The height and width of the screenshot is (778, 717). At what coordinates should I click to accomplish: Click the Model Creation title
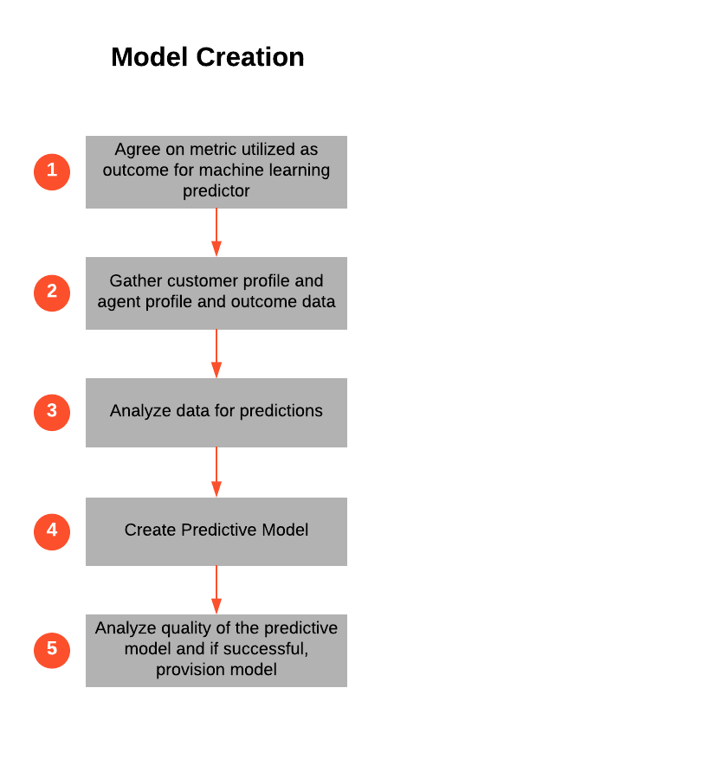tap(208, 57)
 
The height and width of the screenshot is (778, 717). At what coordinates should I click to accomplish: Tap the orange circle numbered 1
tap(52, 170)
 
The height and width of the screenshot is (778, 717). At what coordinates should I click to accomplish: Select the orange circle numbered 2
tap(52, 293)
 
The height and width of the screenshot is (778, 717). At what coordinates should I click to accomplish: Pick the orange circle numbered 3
tap(52, 411)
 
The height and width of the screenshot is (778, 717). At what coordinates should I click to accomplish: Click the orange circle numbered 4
tap(52, 530)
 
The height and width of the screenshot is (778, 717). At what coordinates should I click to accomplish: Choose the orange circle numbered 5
tap(52, 649)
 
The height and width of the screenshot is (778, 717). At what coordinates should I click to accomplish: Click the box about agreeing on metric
tap(216, 171)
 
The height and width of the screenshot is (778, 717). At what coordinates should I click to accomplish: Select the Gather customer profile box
tap(216, 293)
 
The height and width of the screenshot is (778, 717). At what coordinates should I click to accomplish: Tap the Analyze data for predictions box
tap(216, 412)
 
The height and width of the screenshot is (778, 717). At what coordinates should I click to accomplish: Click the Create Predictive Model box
tap(216, 530)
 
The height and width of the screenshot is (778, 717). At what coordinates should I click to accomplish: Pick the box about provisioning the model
tap(216, 650)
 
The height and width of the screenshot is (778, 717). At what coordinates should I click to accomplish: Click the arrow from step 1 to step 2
tap(216, 232)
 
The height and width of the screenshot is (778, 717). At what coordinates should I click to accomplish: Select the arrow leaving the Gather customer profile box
tap(216, 353)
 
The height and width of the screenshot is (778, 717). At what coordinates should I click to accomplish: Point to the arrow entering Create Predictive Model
tap(216, 473)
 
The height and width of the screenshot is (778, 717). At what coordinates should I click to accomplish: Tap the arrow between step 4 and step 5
tap(216, 590)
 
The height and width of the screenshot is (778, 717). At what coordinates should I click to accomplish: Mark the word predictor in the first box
tap(216, 191)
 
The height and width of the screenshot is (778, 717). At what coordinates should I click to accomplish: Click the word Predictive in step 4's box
tap(219, 530)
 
